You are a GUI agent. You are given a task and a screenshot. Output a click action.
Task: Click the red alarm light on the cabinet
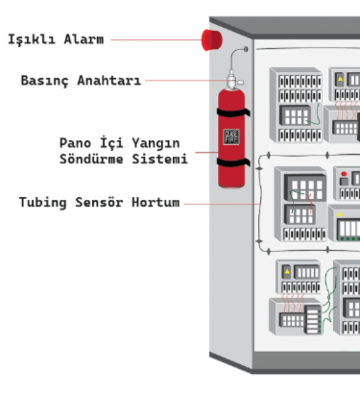pyautogui.click(x=212, y=40)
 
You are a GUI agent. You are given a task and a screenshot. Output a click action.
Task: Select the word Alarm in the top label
pyautogui.click(x=84, y=40)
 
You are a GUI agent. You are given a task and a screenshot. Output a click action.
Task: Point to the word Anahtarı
pyautogui.click(x=109, y=81)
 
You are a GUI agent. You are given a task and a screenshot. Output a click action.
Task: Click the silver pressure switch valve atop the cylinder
pyautogui.click(x=233, y=80)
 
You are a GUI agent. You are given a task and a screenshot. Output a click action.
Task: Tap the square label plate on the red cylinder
pyautogui.click(x=231, y=137)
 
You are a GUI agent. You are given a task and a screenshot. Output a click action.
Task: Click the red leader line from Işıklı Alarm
pyautogui.click(x=155, y=40)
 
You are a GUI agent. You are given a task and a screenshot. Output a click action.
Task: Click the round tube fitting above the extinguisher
pyautogui.click(x=246, y=49)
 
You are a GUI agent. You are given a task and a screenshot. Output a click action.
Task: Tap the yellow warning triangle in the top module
pyautogui.click(x=340, y=80)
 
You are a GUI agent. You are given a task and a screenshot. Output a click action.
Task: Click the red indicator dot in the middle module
pyautogui.click(x=343, y=174)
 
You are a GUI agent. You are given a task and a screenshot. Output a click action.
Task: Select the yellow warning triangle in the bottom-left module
pyautogui.click(x=287, y=271)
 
